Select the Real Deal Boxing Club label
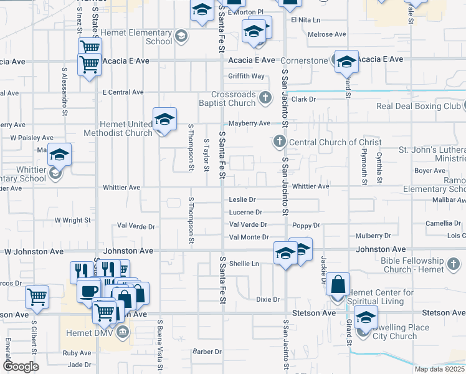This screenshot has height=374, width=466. tap(418, 106)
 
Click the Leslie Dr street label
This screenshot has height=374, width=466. tap(242, 200)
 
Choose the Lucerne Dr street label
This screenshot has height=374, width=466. tap(245, 213)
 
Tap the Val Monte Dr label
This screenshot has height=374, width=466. tap(249, 237)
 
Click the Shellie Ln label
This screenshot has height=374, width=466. tap(244, 264)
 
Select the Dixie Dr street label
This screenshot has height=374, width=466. tap(268, 300)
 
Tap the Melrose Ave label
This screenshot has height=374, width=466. tap(326, 34)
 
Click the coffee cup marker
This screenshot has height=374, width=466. tap(89, 291)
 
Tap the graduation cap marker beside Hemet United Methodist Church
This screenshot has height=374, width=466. tap(164, 120)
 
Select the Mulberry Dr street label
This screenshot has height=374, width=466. tap(373, 236)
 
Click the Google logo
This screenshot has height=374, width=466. tap(20, 367)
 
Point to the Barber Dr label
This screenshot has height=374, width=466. tap(207, 352)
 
